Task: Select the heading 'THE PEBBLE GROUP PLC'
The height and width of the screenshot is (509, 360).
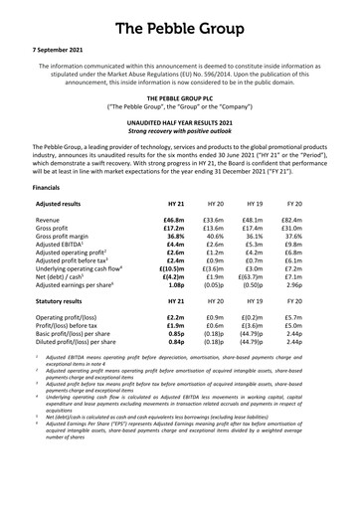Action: [180, 100]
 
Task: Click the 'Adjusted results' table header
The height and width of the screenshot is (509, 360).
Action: [65, 202]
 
